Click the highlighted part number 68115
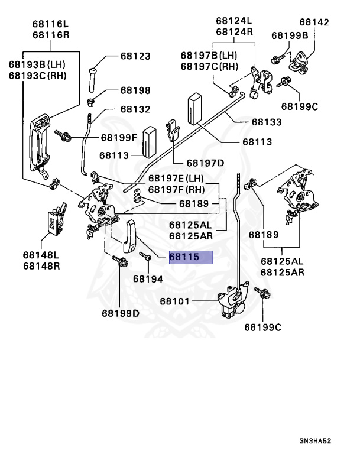[x=190, y=258]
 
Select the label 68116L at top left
[x=50, y=24]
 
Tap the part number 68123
[x=135, y=56]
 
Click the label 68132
[x=135, y=109]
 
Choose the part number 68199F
[x=118, y=137]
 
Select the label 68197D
[x=205, y=163]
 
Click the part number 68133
[x=266, y=122]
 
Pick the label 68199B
[x=290, y=35]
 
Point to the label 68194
[x=147, y=278]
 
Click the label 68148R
[x=42, y=265]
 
